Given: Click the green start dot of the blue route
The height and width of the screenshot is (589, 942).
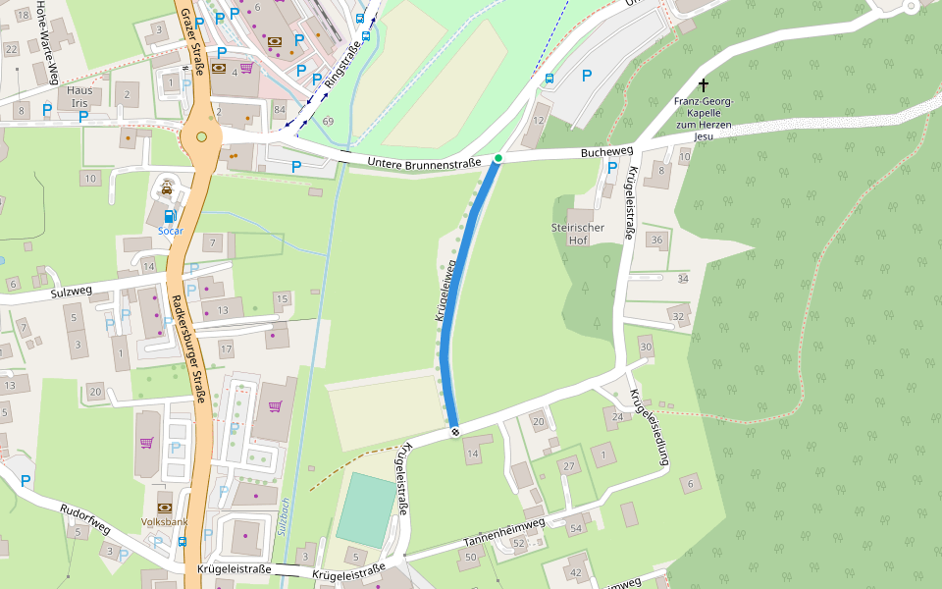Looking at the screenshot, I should pos(498,158).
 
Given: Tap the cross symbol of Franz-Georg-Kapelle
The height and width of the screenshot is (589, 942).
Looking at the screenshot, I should pos(703,86).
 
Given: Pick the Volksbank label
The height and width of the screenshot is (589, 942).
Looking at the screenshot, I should pos(164,521).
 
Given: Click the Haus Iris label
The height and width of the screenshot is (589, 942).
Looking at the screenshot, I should pos(79,96).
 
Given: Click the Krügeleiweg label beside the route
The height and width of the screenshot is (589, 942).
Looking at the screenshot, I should pos(445,293).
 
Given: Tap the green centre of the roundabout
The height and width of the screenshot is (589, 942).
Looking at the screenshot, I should pos(202,136).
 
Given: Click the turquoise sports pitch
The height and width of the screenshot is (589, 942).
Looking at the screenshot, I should pos(363,509).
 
